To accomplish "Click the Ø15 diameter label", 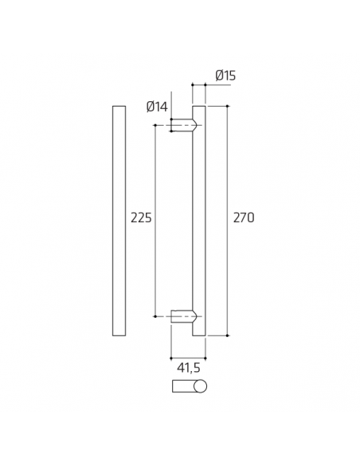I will pos(225,76).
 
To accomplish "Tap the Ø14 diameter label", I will pos(157,107).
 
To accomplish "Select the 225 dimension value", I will pos(141,217).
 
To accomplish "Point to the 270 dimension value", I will pos(244,217).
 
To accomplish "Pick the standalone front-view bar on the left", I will pos(119,221).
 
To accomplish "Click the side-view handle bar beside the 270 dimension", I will pos(199,221).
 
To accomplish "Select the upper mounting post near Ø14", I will pos(181,125).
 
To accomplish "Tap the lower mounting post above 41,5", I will pos(181,316).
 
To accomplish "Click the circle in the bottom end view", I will pos(200,387).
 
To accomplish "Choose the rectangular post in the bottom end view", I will pos(183,387).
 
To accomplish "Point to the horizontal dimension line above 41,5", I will pos(189,356).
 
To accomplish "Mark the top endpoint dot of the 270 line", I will pos(229,106).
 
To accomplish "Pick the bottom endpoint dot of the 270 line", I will pos(229,335).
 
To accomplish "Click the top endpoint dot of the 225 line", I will pos(155,125).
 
